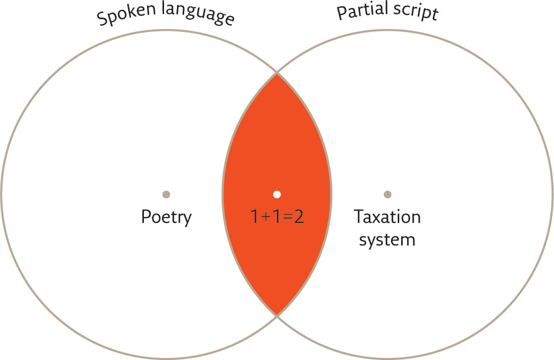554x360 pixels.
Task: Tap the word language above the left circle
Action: (198, 13)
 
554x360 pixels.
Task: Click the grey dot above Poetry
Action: (166, 194)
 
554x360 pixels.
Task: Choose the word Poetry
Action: (167, 217)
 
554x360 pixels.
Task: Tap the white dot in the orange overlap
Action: (277, 194)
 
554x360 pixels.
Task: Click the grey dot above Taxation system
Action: (387, 194)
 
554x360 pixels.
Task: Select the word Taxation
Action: (387, 217)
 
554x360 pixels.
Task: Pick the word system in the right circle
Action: (387, 240)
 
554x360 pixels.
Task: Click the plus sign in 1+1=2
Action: (265, 217)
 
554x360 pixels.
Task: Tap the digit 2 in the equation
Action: (299, 217)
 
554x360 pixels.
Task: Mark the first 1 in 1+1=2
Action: (254, 217)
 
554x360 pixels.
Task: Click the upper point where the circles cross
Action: (277, 73)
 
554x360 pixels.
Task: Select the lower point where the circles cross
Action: (277, 316)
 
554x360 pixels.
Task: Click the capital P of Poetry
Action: (146, 217)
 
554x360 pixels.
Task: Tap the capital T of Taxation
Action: (359, 217)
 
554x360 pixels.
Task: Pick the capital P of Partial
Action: (341, 13)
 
